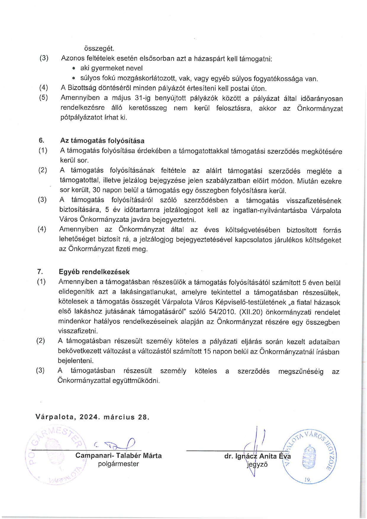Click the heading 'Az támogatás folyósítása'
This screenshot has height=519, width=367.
(x=102, y=141)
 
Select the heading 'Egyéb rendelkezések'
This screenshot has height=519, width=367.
(x=94, y=272)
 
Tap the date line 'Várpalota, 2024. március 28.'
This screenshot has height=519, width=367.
(x=92, y=417)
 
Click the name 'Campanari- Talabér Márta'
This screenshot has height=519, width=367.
(x=118, y=455)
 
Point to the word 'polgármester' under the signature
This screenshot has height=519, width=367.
(x=118, y=464)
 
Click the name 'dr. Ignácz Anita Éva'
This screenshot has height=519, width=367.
(x=257, y=456)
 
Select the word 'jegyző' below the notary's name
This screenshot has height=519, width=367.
(x=257, y=465)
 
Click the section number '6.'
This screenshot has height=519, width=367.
(x=41, y=141)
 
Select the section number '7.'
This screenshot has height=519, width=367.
(x=40, y=272)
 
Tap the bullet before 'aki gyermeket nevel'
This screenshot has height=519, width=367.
(x=74, y=68)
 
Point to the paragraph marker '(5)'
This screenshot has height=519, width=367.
(x=44, y=98)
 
